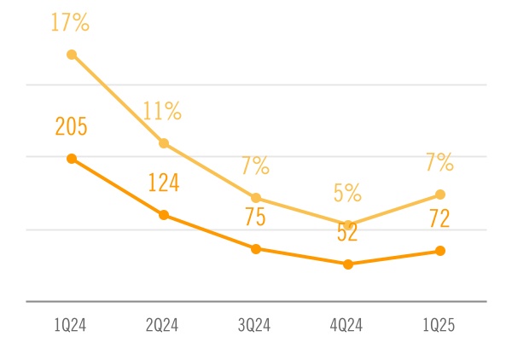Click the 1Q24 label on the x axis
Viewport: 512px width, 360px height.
point(71,325)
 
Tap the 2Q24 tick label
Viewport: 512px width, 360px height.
point(163,325)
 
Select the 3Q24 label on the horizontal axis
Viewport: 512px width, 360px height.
point(255,325)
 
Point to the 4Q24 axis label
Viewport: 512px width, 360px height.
point(347,325)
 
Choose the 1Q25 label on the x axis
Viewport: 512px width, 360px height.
point(439,325)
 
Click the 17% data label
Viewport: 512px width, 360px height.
point(71,23)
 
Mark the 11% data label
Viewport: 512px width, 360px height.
point(163,111)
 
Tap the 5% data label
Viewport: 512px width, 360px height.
point(347,194)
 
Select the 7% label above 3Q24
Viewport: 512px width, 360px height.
point(255,165)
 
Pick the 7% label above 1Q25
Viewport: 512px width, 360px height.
point(439,162)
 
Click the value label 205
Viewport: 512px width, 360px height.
point(71,128)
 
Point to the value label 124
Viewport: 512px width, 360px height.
point(163,183)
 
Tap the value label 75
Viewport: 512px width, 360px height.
point(255,217)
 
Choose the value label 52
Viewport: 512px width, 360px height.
point(347,232)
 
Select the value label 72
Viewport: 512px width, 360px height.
point(439,218)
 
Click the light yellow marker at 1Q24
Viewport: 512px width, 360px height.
point(72,55)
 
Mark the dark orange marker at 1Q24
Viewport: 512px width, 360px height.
point(72,159)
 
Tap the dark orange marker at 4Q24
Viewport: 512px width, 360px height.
point(348,264)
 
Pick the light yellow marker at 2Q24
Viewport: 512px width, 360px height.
point(164,143)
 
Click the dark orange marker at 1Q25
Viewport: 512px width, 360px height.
point(440,251)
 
